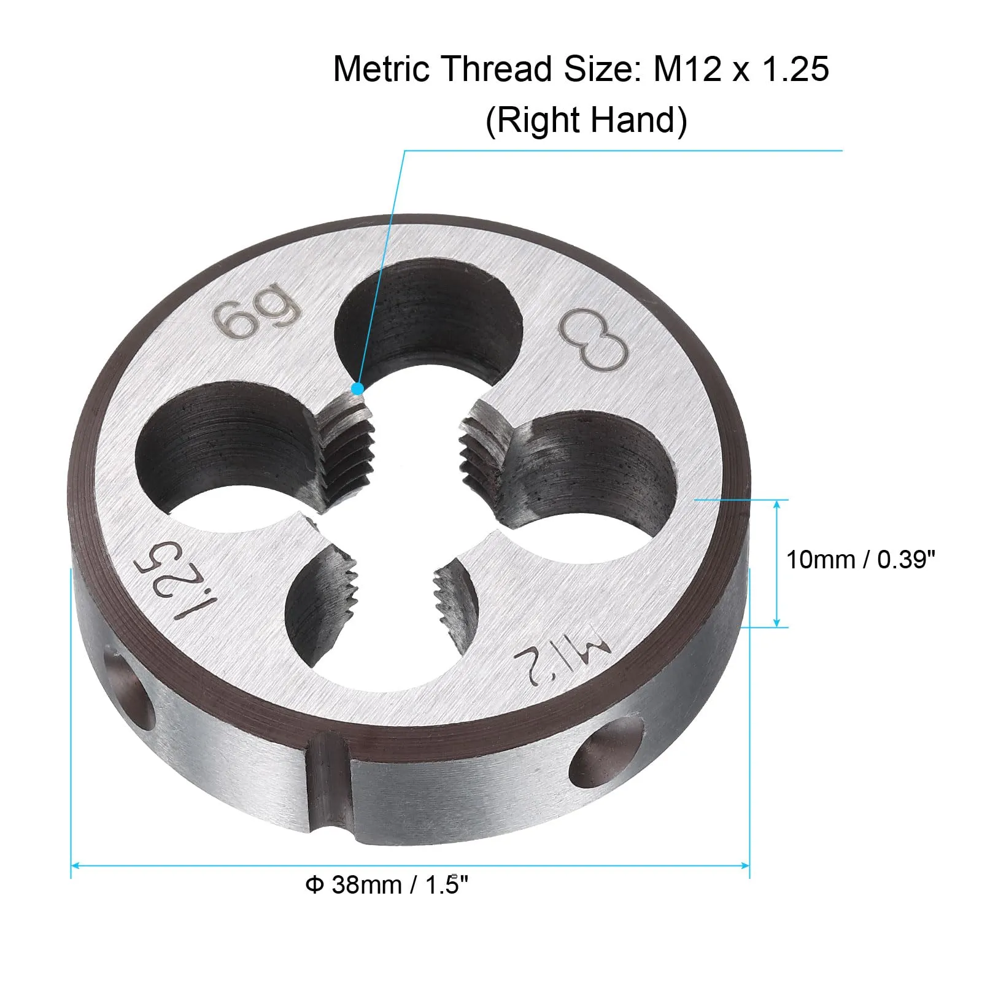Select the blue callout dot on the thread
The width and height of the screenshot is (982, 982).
(x=357, y=389)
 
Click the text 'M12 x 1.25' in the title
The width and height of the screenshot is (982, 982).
(x=741, y=68)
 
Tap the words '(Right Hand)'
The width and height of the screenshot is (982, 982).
(x=586, y=120)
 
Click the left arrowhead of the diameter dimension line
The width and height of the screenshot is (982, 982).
(x=75, y=866)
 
